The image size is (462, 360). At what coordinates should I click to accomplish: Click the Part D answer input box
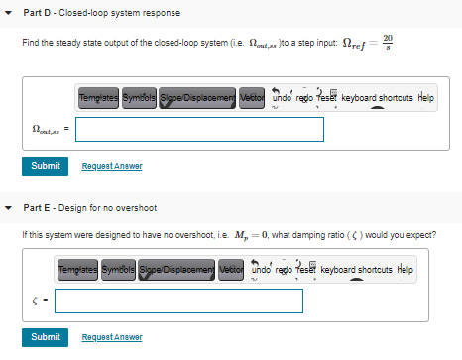click(199, 130)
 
